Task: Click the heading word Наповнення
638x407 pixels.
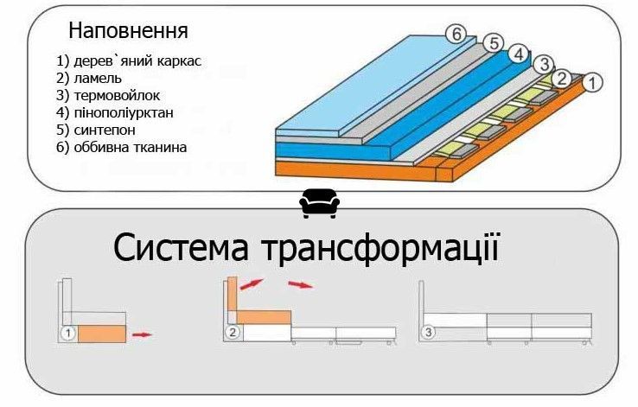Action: [128, 31]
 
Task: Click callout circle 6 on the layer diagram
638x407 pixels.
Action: [456, 35]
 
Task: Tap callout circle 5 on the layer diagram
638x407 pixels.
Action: [494, 43]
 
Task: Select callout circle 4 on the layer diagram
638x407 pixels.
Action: [519, 54]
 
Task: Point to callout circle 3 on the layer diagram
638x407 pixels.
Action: [544, 65]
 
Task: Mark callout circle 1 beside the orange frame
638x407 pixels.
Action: [592, 83]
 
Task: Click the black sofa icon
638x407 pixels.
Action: [319, 203]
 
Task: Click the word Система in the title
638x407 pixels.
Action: [181, 248]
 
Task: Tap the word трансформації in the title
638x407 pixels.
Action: [380, 249]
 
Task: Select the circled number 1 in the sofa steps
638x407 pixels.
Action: [68, 334]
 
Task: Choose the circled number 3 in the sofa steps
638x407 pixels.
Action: [428, 333]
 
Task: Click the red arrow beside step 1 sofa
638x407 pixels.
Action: [142, 334]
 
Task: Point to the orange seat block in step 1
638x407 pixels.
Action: [102, 334]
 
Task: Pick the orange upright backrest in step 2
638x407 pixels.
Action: [233, 294]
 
